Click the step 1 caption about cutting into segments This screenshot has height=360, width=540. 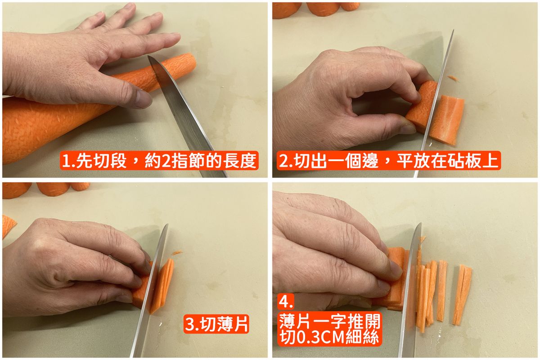coord(159,161)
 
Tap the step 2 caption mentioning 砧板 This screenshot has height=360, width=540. coord(388,161)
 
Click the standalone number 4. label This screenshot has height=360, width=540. coord(286,301)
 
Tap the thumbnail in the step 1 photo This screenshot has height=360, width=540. coord(144,99)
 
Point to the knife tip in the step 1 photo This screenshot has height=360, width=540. coord(148,57)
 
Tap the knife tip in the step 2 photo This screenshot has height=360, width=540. coord(454,30)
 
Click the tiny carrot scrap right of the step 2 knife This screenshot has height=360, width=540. coord(453,78)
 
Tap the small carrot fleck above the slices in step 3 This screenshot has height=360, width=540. coord(177,252)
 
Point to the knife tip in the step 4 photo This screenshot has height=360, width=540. coord(421,223)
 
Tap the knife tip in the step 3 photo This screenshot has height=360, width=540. coord(167,225)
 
